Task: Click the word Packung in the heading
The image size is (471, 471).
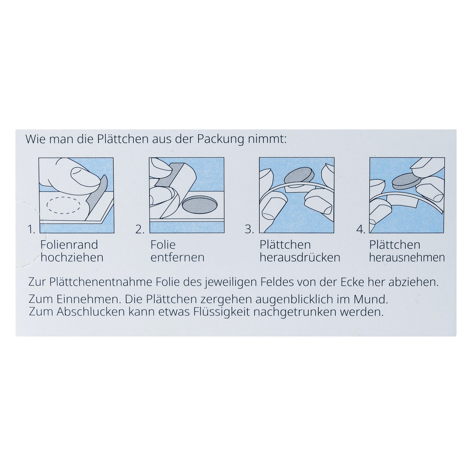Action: coord(220,139)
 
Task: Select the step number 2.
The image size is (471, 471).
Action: coord(140,230)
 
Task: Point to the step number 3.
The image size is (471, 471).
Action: coord(249,230)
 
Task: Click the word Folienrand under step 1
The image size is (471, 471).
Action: coord(69,245)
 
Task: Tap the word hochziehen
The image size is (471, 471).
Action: coord(72,257)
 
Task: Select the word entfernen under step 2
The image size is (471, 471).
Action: coord(177,257)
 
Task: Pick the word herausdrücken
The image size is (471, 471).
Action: coord(300,257)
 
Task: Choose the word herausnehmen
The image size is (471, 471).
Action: coord(407,257)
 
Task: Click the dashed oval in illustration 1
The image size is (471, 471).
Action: coord(64,205)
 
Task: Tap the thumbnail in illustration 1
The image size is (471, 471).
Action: coord(82,175)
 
